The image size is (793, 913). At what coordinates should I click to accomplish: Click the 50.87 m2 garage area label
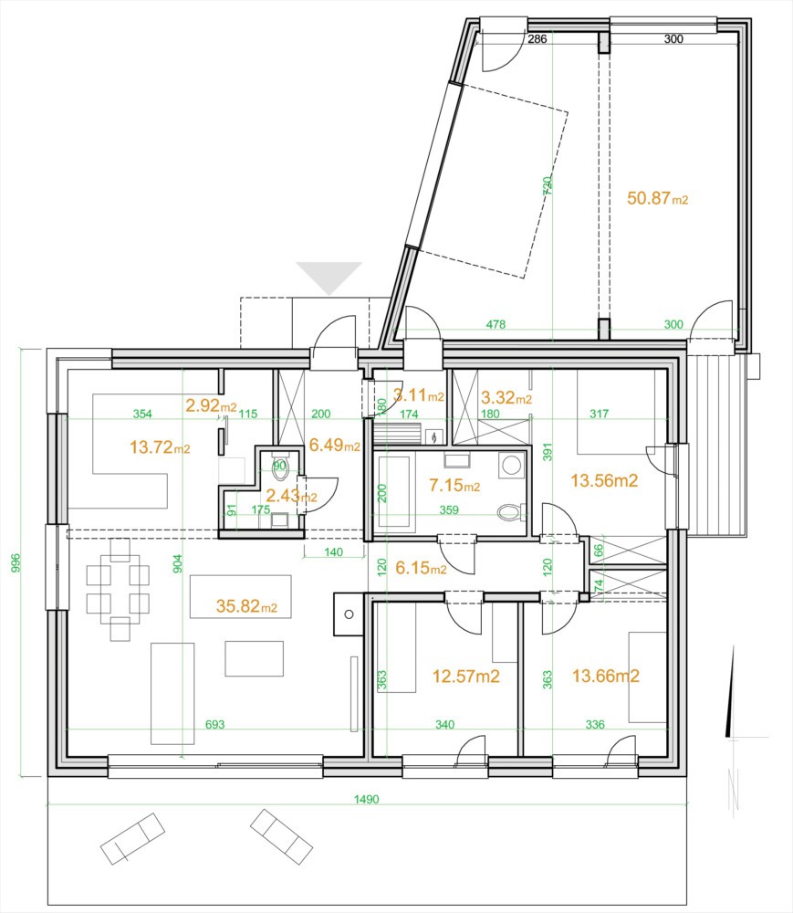pyautogui.click(x=657, y=198)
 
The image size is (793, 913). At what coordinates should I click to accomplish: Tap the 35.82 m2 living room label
pyautogui.click(x=246, y=605)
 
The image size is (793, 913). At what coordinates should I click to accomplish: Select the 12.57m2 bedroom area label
pyautogui.click(x=465, y=677)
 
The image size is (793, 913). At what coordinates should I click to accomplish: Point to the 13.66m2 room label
pyautogui.click(x=604, y=677)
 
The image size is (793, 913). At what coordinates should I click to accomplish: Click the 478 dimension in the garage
pyautogui.click(x=496, y=324)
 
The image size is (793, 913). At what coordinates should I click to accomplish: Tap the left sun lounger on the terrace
pyautogui.click(x=133, y=838)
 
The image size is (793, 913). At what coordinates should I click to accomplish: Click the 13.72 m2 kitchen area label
pyautogui.click(x=160, y=448)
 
